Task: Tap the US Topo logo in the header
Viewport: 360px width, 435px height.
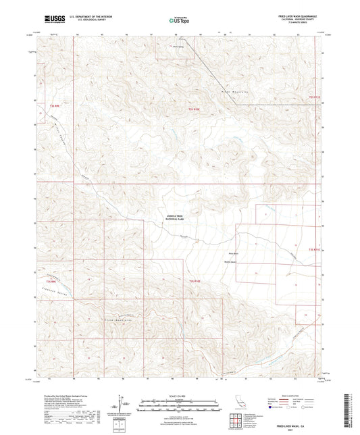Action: (178, 20)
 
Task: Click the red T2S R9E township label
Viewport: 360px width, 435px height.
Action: (54, 106)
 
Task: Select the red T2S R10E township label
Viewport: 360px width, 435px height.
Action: (195, 109)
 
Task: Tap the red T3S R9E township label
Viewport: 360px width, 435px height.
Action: (50, 280)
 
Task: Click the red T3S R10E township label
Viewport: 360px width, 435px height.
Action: (195, 280)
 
